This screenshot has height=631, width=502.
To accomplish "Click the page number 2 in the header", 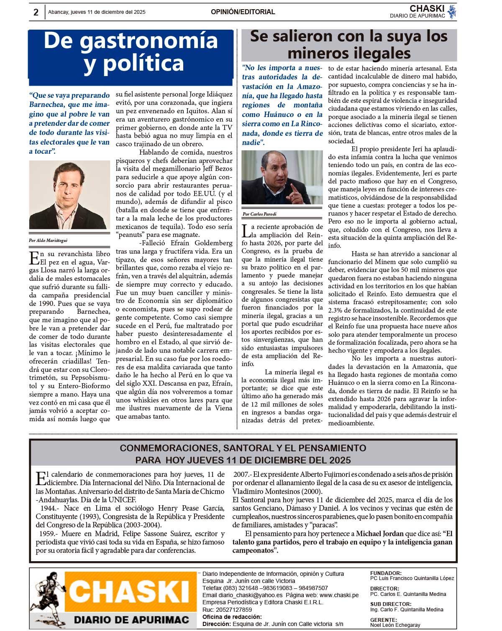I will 36,12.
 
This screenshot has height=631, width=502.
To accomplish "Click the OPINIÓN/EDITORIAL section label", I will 243,12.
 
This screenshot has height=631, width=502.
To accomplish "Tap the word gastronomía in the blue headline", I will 149,41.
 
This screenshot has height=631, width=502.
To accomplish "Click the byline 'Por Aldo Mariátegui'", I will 48,240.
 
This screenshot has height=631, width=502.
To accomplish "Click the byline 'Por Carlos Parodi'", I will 259,214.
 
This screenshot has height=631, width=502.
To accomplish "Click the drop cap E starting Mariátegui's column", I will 34,258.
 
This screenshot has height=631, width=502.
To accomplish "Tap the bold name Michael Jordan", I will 379,534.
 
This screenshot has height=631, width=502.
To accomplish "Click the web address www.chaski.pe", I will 339,595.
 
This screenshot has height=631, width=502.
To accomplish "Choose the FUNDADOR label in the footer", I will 386,573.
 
